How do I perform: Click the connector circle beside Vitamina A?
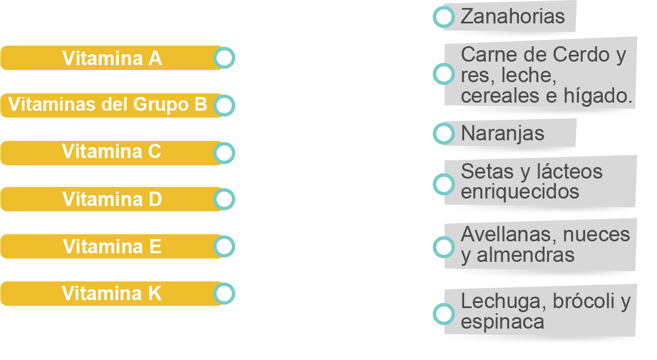coord(224,58)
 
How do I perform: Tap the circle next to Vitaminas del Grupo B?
coord(224,106)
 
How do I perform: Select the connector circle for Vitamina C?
coord(224,153)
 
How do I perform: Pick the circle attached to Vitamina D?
coord(224,200)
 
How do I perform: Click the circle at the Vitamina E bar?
coord(224,246)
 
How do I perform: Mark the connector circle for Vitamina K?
coord(224,293)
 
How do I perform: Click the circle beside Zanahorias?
coord(444,17)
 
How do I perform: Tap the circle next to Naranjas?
coord(444,134)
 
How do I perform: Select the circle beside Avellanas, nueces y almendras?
coord(444,246)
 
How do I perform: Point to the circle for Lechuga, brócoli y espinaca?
coord(444,314)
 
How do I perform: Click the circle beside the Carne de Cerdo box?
coord(444,74)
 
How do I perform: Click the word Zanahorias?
coord(512,17)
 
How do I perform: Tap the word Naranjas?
coord(502,134)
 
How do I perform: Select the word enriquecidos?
coord(519,192)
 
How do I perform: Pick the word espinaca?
coord(502,322)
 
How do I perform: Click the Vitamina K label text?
coord(112,293)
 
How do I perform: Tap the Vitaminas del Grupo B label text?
coord(108,105)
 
